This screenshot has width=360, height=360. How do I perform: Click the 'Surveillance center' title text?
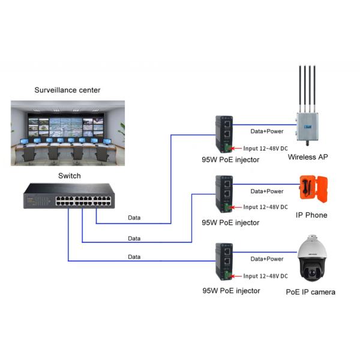pyautogui.click(x=67, y=90)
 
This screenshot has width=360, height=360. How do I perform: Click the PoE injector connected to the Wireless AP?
pyautogui.click(x=223, y=133)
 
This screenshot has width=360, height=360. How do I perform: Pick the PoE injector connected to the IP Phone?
pyautogui.click(x=223, y=194)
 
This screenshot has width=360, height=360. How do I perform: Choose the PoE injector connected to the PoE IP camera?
pyautogui.click(x=223, y=262)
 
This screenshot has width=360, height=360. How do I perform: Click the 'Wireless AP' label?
pyautogui.click(x=308, y=157)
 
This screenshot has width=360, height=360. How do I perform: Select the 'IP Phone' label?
pyautogui.click(x=311, y=215)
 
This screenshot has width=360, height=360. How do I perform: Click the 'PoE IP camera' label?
pyautogui.click(x=310, y=292)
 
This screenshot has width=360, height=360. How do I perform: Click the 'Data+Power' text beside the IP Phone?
pyautogui.click(x=266, y=191)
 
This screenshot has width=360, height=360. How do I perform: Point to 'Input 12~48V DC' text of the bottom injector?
pyautogui.click(x=265, y=277)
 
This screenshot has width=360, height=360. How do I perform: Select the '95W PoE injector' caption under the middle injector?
pyautogui.click(x=230, y=223)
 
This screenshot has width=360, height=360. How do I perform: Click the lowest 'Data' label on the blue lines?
pyautogui.click(x=135, y=257)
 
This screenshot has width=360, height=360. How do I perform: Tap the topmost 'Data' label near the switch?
pyautogui.click(x=135, y=218)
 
